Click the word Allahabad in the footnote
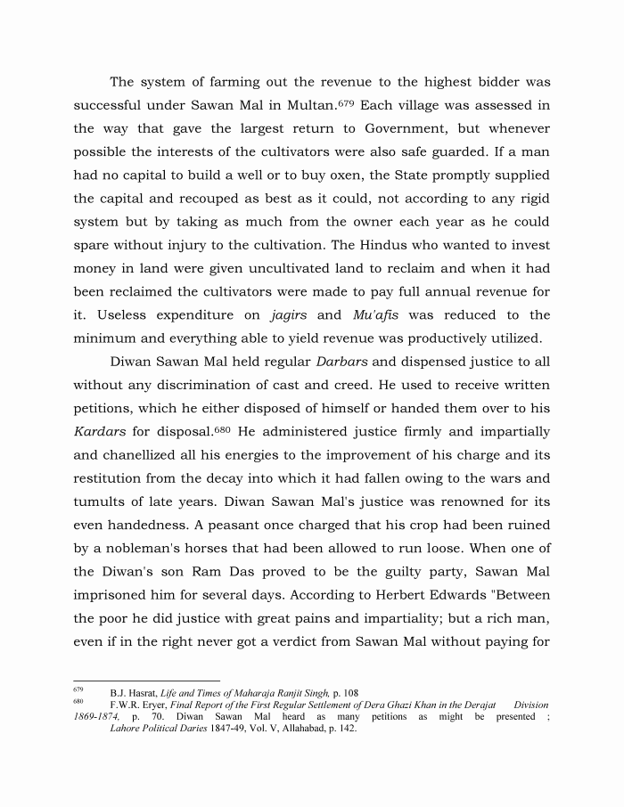280,728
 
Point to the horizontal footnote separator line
146,681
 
